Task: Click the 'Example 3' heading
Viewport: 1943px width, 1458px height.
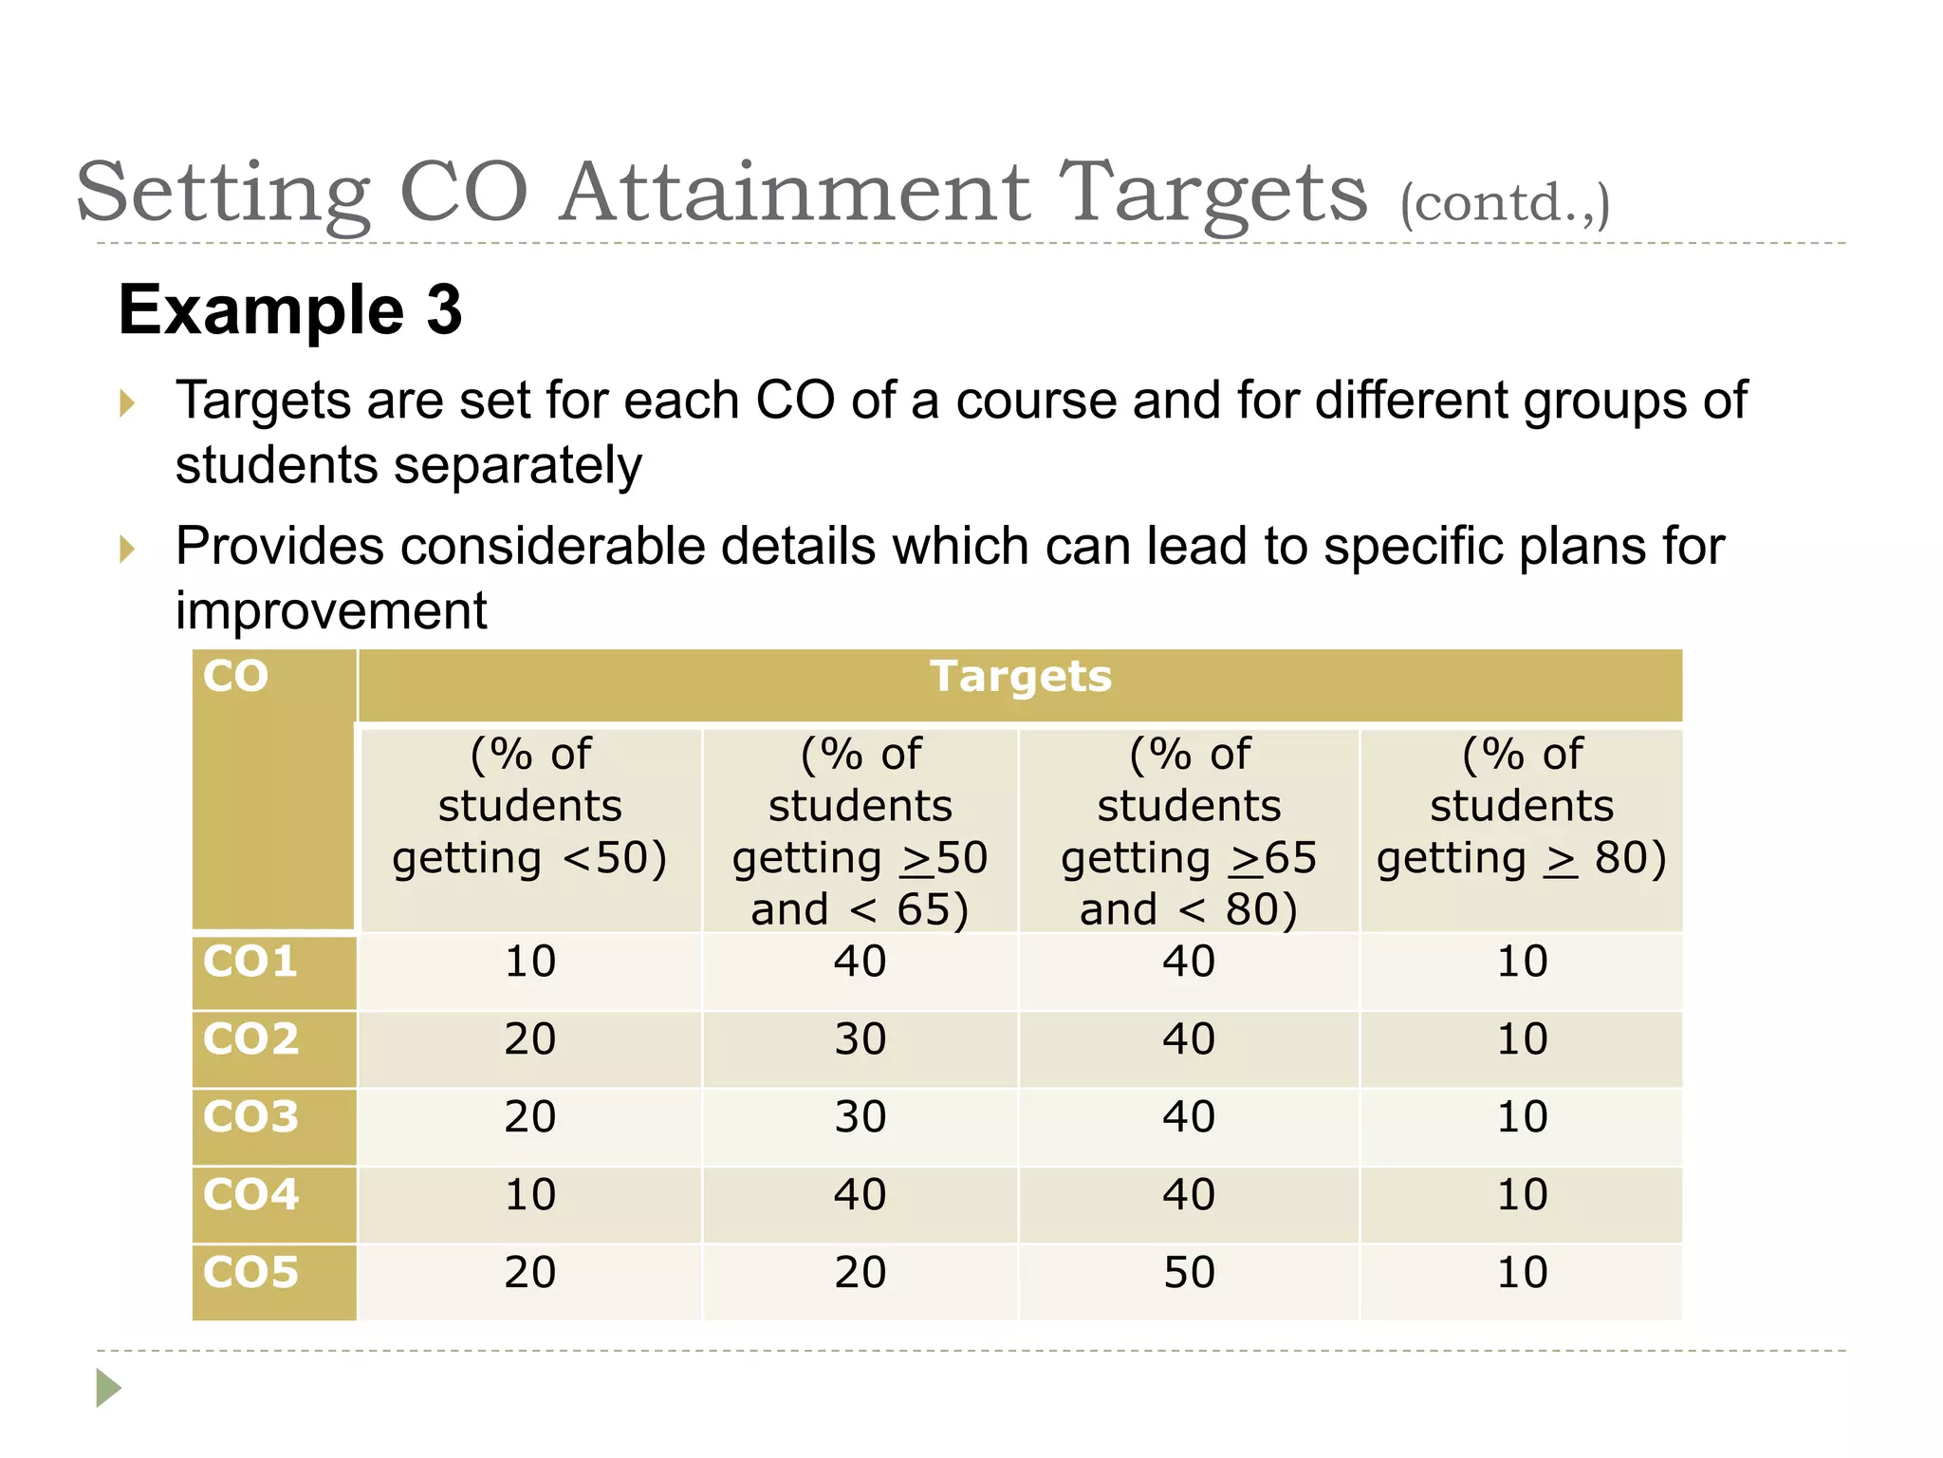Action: [x=289, y=310]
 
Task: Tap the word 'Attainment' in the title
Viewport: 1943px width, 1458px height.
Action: [x=795, y=193]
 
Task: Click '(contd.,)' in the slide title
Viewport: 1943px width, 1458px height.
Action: [x=1504, y=203]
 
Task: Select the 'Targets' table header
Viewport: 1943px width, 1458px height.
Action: [x=1020, y=678]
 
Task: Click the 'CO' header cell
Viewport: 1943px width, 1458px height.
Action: [x=235, y=678]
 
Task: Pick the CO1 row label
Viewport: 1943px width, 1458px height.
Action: [x=250, y=963]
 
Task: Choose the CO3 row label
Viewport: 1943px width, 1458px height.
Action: [x=250, y=1117]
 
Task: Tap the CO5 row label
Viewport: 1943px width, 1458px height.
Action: [x=250, y=1273]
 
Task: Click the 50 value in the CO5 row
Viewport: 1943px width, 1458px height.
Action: [x=1189, y=1273]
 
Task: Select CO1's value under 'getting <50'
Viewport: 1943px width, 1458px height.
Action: [x=530, y=963]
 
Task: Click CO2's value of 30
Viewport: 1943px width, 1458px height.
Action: [x=860, y=1039]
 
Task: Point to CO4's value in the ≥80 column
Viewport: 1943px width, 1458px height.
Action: [x=1522, y=1195]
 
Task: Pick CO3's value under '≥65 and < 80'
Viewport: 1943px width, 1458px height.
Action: [x=1189, y=1117]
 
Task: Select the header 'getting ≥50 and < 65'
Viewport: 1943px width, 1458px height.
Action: [x=860, y=832]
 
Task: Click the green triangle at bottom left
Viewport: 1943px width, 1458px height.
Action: [x=108, y=1388]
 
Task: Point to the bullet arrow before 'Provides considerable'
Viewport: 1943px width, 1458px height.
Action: [x=127, y=548]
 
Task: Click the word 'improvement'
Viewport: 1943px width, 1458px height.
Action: [x=331, y=610]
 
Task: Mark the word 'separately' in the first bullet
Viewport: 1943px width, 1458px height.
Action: [x=518, y=466]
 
